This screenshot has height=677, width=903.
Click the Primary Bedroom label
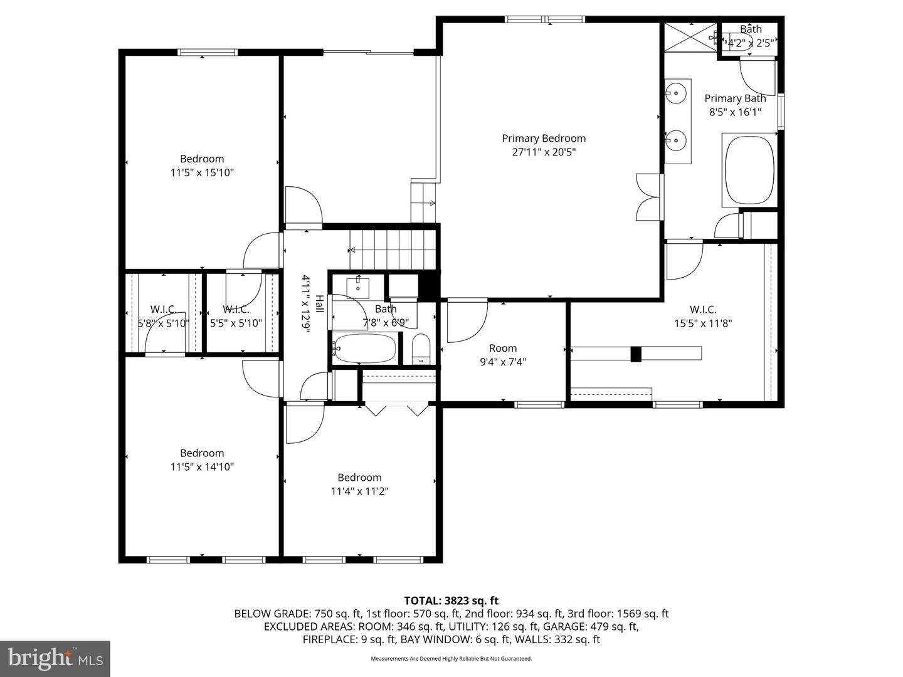[544, 139]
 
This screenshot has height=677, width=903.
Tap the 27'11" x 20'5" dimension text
[544, 152]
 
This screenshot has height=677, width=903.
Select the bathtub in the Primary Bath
[749, 168]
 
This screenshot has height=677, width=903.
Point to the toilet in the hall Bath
[421, 349]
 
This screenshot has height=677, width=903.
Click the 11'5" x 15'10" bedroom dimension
[202, 172]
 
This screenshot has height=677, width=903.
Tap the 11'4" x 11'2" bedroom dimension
[359, 491]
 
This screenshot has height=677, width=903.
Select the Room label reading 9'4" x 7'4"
[503, 355]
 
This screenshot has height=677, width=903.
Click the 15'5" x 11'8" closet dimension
[702, 323]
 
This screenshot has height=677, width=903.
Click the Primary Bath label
[735, 98]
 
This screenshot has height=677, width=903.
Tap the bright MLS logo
[55, 658]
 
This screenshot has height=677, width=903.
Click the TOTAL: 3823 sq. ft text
[451, 601]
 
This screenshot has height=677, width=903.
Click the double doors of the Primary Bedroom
[648, 197]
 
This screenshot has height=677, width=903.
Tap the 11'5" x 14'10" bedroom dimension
[202, 467]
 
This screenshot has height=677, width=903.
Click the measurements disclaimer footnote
[451, 659]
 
